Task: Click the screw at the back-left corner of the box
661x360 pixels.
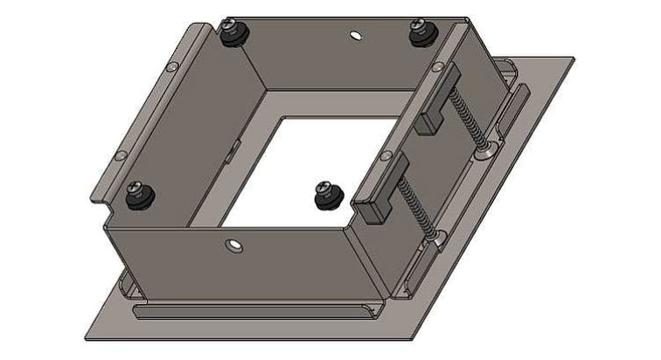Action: click(x=234, y=36)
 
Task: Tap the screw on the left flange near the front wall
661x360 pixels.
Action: click(x=137, y=194)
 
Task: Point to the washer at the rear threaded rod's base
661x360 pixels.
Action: click(x=487, y=152)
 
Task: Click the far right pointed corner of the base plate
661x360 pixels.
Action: click(x=574, y=59)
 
